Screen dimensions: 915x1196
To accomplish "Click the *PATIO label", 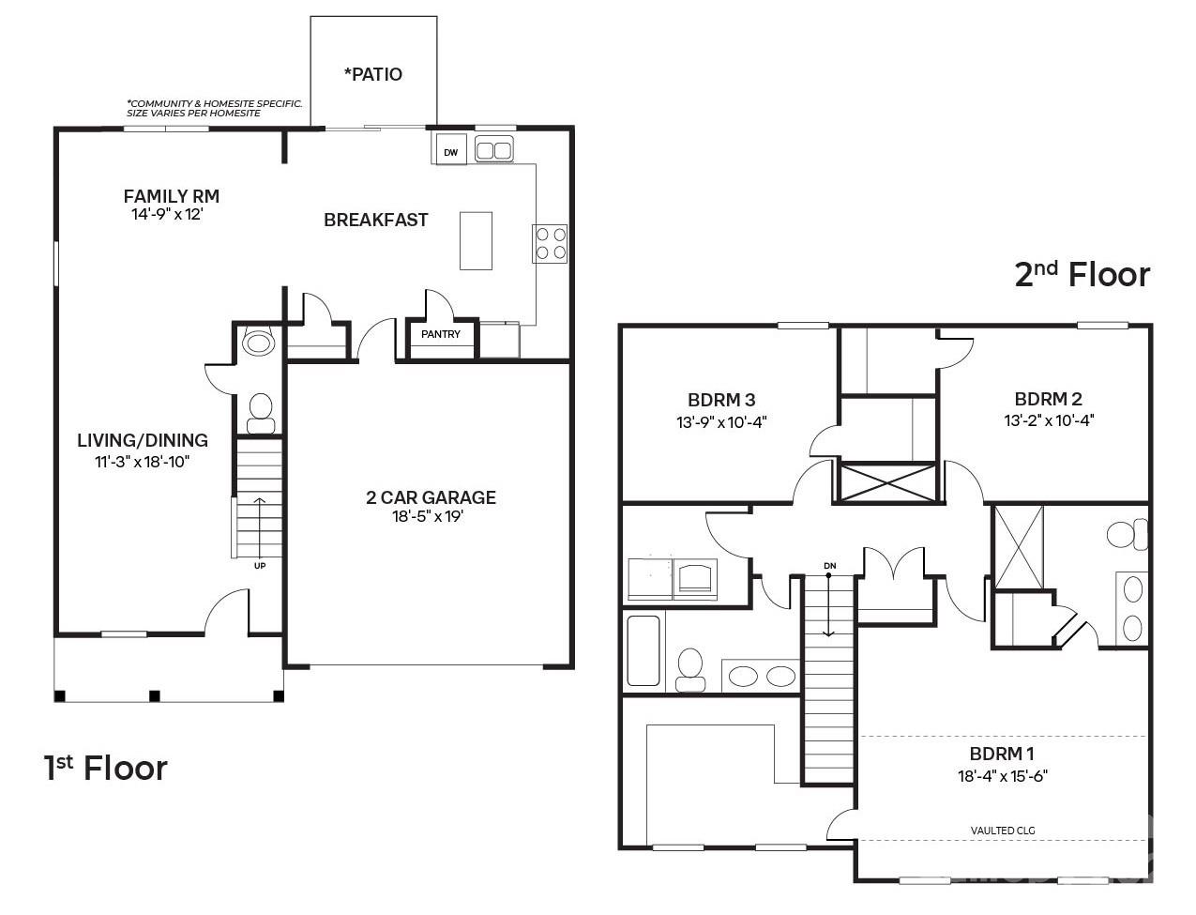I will (373, 74).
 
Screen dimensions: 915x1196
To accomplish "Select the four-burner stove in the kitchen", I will (550, 243).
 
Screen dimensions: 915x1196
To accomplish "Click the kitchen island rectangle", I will (476, 240).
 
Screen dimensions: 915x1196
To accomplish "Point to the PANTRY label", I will (440, 334).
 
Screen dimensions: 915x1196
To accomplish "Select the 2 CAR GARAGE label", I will (431, 497).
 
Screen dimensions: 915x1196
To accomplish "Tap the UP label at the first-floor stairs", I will (259, 566).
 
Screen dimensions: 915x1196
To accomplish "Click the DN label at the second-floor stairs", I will (829, 566).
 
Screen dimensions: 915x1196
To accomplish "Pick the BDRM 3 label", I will (721, 399).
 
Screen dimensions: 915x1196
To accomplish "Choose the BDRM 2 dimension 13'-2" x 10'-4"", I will (1049, 420).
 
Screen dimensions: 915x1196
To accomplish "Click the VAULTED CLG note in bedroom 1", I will (1003, 831).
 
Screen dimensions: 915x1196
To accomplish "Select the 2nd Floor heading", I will (1082, 274).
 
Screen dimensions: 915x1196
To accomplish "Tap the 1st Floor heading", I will (106, 768).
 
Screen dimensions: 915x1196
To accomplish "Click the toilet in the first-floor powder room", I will (260, 410).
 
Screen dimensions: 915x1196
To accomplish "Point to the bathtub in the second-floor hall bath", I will (643, 650).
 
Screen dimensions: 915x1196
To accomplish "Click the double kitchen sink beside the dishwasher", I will (494, 149).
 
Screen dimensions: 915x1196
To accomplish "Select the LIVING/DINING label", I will (143, 440).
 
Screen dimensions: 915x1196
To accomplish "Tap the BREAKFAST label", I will (375, 220).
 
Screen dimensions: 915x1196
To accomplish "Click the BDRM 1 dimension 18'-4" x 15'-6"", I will (1002, 776).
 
